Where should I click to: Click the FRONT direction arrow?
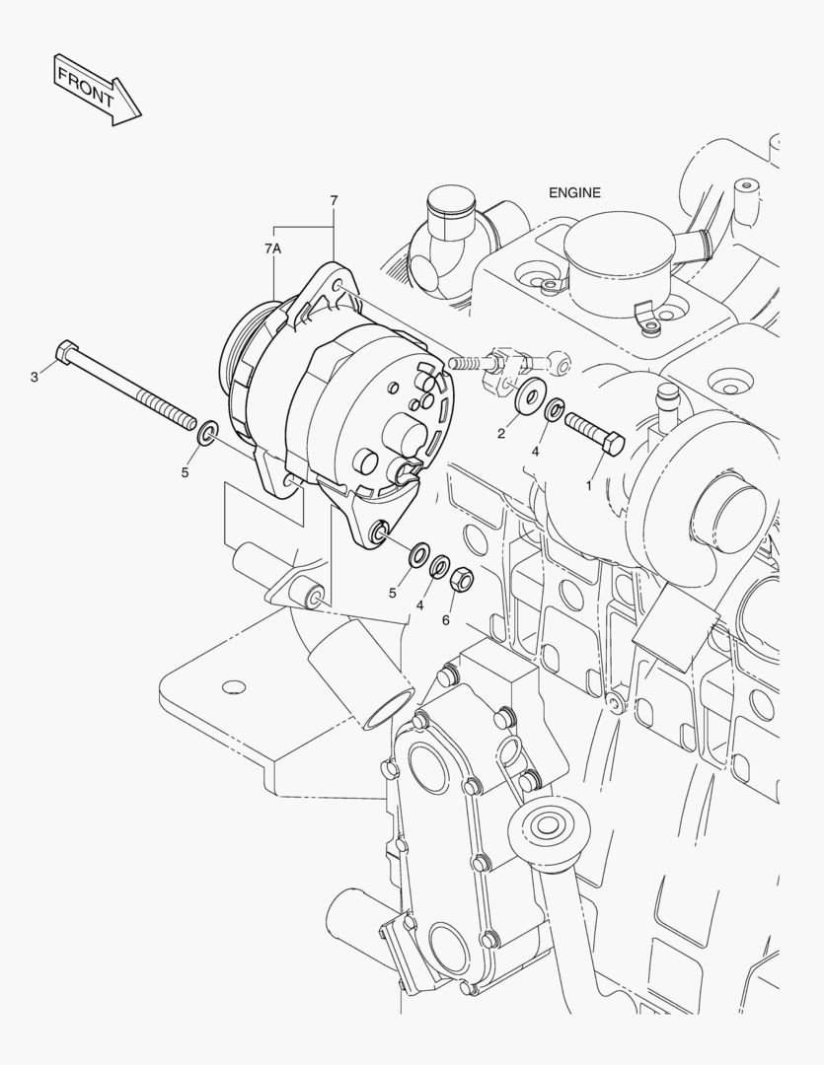tap(98, 91)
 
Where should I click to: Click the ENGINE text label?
tap(574, 193)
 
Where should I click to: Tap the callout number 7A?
tap(272, 249)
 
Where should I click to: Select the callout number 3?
tap(35, 377)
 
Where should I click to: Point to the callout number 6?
tap(446, 620)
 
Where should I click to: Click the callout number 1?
tap(589, 486)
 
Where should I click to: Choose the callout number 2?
tap(501, 434)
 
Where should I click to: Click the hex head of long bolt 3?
tap(66, 352)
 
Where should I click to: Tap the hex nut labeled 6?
tap(463, 580)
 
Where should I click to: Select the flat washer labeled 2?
tap(530, 395)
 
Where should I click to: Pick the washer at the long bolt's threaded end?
tap(206, 433)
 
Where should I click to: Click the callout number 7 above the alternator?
tap(334, 201)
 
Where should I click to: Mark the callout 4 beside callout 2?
tap(535, 452)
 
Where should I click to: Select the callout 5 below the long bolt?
tap(185, 472)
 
